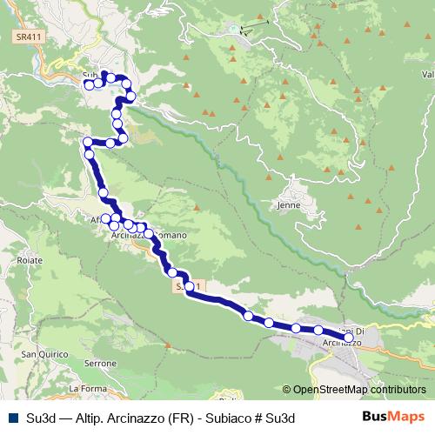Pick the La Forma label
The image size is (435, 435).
click(x=86, y=388)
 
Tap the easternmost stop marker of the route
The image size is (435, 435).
click(x=349, y=337)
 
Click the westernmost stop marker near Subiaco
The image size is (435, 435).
click(x=89, y=84)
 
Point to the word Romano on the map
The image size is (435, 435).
click(x=170, y=235)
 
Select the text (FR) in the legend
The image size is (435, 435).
click(x=172, y=418)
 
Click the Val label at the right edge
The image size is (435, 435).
click(x=427, y=74)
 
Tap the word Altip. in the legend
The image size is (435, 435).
click(x=81, y=418)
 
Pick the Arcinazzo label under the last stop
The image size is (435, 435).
click(x=340, y=344)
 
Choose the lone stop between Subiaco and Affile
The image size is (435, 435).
click(x=104, y=192)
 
